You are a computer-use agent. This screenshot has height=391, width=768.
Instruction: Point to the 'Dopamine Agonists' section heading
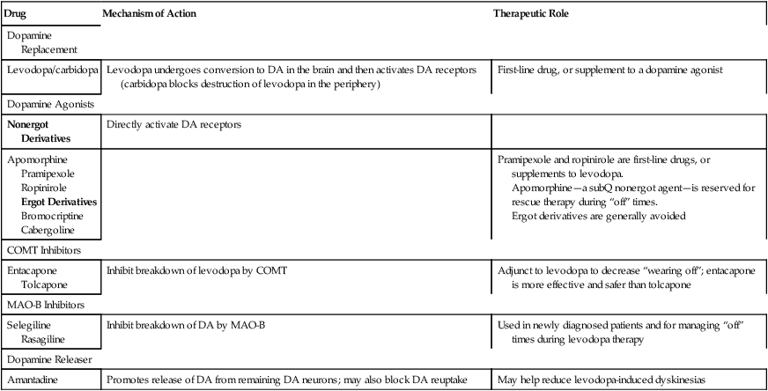tap(50, 104)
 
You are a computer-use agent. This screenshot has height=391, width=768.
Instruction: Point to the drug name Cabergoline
tap(52, 229)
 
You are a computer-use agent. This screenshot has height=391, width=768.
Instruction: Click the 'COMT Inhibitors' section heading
tap(44, 250)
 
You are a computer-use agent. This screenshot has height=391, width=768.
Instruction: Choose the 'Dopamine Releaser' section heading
tap(50, 361)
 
